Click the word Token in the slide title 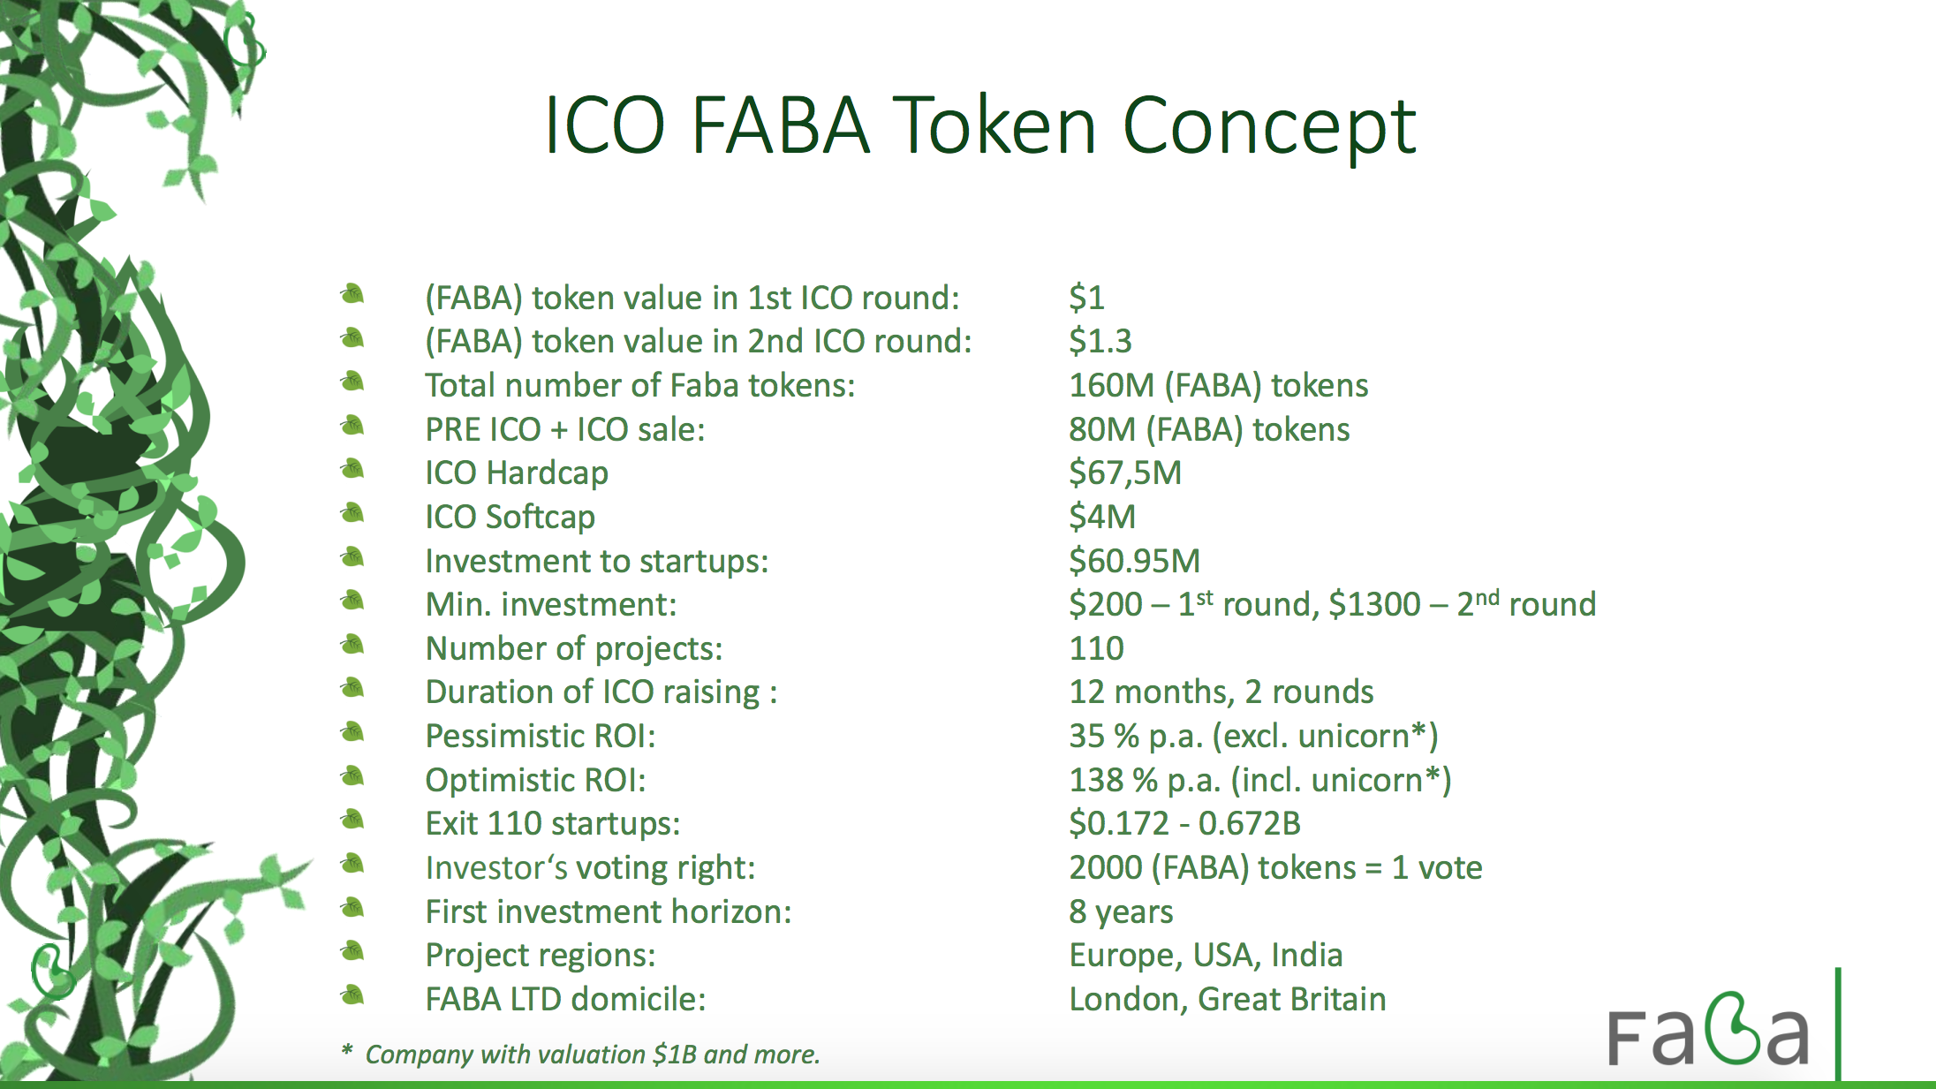995,125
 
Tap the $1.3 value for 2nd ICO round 1100,341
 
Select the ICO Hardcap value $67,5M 1125,473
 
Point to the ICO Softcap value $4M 1102,517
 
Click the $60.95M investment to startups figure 1135,561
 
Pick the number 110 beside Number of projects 1097,648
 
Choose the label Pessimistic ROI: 541,736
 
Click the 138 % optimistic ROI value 1260,780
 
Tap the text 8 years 1122,911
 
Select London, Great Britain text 1228,999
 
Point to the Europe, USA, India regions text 1206,956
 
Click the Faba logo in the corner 1708,1030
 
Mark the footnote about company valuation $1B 581,1054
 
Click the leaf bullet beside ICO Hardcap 352,469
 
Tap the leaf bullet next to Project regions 352,951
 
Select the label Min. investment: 551,605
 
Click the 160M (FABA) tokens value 1219,386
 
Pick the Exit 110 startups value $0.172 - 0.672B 1185,824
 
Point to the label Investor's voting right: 591,868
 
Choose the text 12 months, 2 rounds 1221,692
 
